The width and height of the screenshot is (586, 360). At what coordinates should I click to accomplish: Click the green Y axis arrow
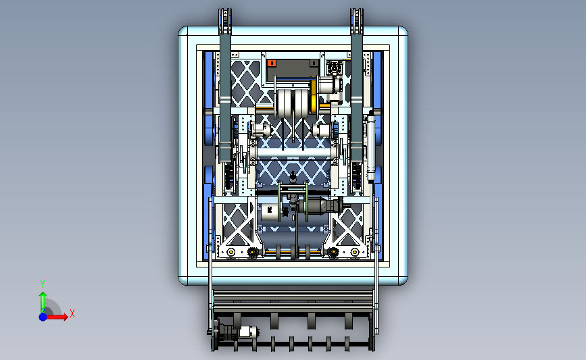pyautogui.click(x=43, y=301)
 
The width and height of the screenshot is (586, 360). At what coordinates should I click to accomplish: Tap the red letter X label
pyautogui.click(x=72, y=313)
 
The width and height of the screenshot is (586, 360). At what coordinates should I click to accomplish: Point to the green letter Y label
pyautogui.click(x=42, y=284)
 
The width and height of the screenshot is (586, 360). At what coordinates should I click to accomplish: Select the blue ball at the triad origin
pyautogui.click(x=43, y=316)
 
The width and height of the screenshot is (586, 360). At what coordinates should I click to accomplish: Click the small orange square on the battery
pyautogui.click(x=272, y=63)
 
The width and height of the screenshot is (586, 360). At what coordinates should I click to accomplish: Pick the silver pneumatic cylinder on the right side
pyautogui.click(x=371, y=147)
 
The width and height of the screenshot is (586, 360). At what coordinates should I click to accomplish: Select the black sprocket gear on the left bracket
pyautogui.click(x=252, y=253)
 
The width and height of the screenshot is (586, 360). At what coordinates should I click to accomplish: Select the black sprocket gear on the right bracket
pyautogui.click(x=333, y=253)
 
